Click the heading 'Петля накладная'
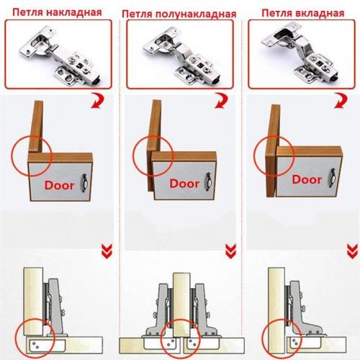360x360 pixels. pos(57,12)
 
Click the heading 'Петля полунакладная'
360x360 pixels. pos(179,14)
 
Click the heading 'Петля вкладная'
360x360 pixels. pos(303,13)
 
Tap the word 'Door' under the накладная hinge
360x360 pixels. pos(59,185)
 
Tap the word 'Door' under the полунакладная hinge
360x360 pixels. pos(184,184)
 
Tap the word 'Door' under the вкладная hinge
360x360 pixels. pos(307,179)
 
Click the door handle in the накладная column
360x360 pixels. pos(85,183)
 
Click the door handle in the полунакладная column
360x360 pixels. pos(209,181)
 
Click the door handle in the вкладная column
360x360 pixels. pos(332,178)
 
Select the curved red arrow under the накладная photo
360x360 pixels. pos(99,102)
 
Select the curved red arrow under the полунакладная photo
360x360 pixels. pos(222,101)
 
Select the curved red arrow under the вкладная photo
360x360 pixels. pos(341,101)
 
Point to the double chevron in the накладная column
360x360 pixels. pos(107,251)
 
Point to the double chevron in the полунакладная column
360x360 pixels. pos(230,251)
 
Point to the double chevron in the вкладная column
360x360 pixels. pos(352,251)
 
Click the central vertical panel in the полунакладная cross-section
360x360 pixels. pos(181,305)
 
